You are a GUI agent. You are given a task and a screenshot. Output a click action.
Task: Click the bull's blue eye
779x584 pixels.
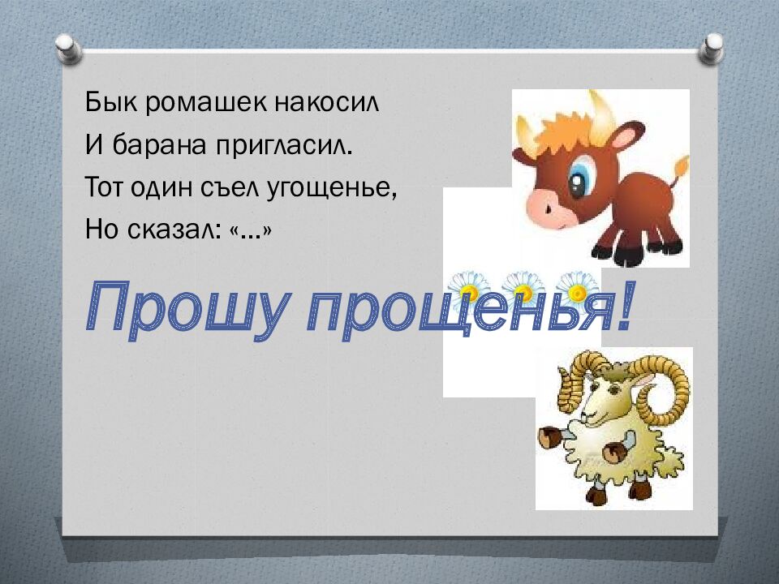click(x=580, y=180)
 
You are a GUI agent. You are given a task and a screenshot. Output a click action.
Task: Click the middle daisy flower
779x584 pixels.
click(x=523, y=286)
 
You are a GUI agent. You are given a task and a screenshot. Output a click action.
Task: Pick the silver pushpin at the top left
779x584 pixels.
click(x=68, y=47)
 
